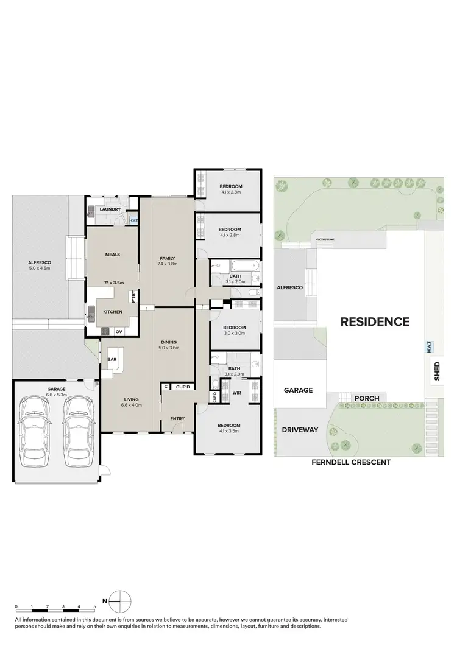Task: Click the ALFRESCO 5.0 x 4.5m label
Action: point(38,264)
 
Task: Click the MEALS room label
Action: point(112,255)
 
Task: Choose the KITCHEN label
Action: point(112,312)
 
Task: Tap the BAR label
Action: point(112,360)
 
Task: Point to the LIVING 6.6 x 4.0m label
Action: point(130,401)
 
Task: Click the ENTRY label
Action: point(177,418)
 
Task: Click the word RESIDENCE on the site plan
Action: point(374,321)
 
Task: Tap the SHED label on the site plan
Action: point(436,370)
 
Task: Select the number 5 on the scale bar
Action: point(94,607)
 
